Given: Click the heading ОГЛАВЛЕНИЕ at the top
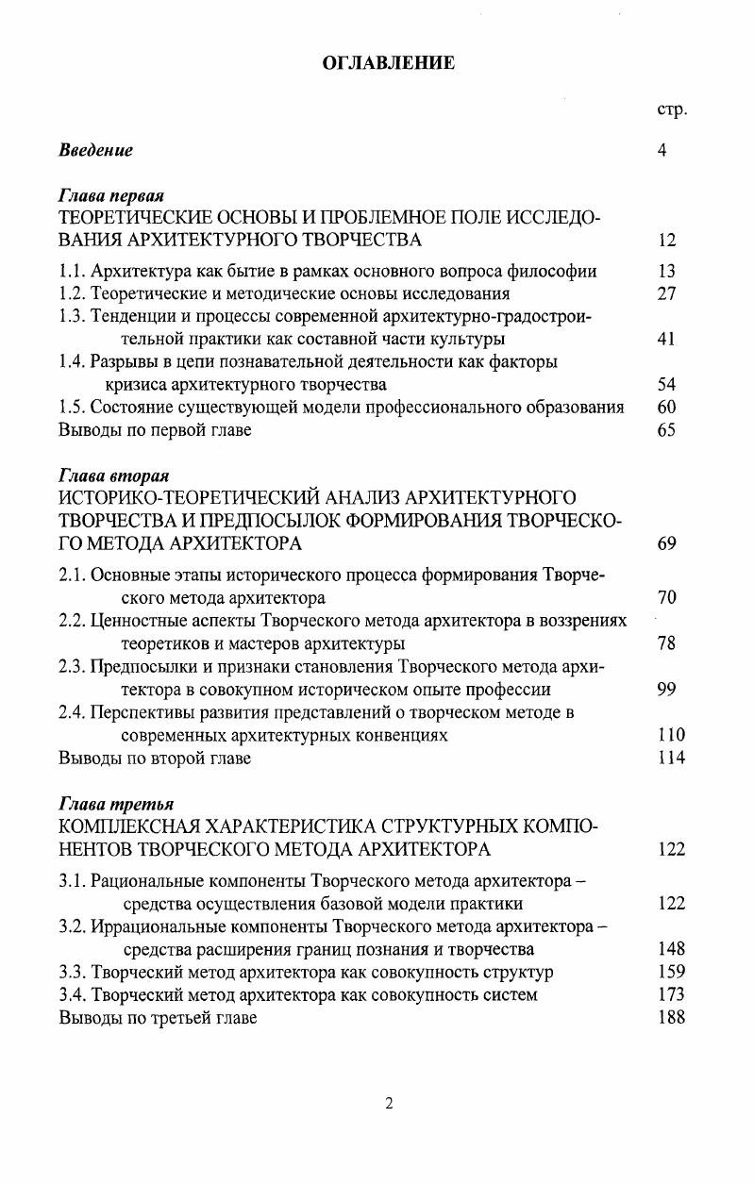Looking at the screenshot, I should point(388,63).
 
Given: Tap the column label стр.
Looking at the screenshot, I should point(671,110).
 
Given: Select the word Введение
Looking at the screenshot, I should point(96,150).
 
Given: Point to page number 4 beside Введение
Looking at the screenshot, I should point(662,150).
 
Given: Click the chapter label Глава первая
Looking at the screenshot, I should point(111,196).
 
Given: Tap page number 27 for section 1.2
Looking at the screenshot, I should point(666,293).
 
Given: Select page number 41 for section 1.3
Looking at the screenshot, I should point(666,339).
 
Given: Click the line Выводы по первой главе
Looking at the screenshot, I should point(155,430).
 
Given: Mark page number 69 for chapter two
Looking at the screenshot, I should point(666,543).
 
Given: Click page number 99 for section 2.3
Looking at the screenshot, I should point(666,690).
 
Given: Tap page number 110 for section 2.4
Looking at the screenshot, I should point(670,735).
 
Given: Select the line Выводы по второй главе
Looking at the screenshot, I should point(155,758).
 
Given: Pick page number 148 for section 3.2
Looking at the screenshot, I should point(671,948).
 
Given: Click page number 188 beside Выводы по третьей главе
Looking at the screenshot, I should point(671,1017).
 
